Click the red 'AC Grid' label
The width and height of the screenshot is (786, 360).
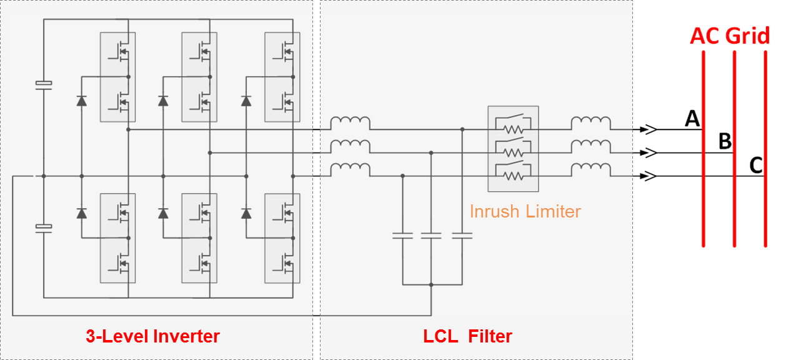(730, 36)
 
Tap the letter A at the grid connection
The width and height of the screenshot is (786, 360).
(692, 118)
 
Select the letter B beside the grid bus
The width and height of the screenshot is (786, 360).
(725, 141)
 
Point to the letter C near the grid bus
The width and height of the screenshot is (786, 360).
(756, 165)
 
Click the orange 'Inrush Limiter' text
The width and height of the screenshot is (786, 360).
(525, 212)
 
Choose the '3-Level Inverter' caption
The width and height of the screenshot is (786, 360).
(152, 336)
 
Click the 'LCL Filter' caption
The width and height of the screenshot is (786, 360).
(467, 336)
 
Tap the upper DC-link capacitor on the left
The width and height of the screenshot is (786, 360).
(44, 85)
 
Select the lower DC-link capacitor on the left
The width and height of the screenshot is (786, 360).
(44, 229)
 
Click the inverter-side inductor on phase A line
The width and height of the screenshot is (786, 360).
(350, 123)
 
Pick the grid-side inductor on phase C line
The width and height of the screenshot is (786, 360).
(591, 170)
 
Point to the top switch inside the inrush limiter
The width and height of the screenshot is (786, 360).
(513, 117)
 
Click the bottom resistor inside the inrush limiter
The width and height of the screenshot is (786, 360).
(513, 176)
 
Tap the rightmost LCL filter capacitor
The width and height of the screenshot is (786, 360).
(462, 236)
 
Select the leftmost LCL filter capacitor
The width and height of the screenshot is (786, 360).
(402, 236)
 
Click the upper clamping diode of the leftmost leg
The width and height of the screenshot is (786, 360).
(82, 101)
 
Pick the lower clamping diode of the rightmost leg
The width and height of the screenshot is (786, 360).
(246, 213)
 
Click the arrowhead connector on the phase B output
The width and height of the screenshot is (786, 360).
(648, 153)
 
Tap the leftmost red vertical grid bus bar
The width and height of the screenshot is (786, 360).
(704, 149)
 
